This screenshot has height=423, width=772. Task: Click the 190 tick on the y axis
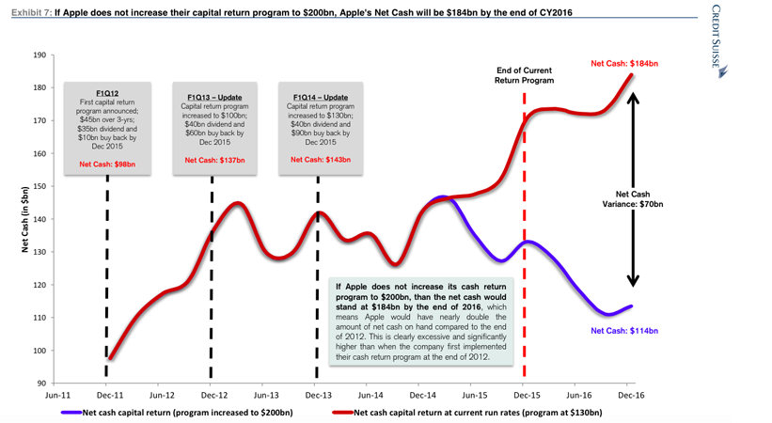point(39,55)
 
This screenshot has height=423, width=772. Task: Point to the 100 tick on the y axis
point(39,351)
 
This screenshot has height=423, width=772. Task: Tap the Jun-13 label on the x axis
point(267,396)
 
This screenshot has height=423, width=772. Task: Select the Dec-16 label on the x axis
point(631,396)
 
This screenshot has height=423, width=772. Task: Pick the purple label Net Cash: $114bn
point(624,331)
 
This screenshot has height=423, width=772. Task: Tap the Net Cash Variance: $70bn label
point(632,197)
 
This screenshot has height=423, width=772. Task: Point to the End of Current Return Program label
point(524,75)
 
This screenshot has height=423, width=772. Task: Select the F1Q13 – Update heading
point(212,97)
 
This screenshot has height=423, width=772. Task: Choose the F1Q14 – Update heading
point(321,97)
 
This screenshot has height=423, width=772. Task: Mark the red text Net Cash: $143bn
point(321,160)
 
